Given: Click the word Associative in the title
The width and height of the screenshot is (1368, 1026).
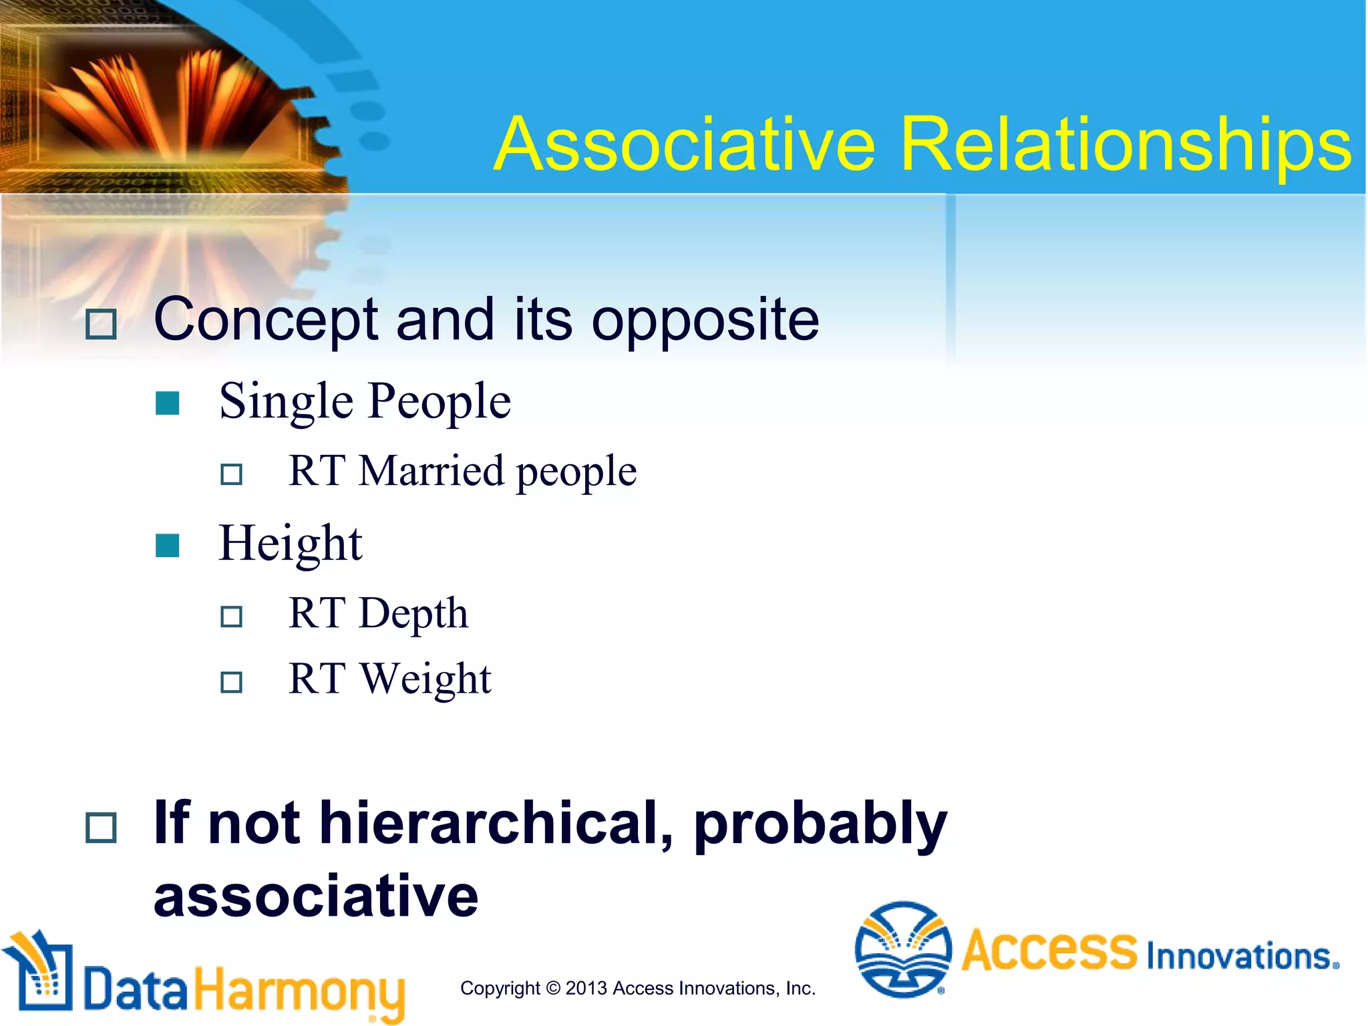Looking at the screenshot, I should (x=684, y=145).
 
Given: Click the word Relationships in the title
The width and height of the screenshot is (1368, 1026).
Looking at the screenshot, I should (x=1126, y=145).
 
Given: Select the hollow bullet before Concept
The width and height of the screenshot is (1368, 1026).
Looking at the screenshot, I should (x=102, y=325).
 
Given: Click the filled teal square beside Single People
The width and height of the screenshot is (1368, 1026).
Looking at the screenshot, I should (x=167, y=403).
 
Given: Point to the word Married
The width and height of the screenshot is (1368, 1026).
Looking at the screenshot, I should (x=431, y=471).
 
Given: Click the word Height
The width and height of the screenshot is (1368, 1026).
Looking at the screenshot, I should (x=291, y=544).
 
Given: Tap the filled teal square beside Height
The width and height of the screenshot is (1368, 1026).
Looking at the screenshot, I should (x=167, y=545).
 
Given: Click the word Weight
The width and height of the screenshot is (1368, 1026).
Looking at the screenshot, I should (x=425, y=679).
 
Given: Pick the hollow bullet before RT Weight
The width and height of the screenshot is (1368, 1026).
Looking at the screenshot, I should (x=231, y=682).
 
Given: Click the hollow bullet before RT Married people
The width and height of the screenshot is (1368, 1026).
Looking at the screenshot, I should (x=231, y=474).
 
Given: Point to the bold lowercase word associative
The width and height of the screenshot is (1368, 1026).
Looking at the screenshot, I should (x=316, y=896).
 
